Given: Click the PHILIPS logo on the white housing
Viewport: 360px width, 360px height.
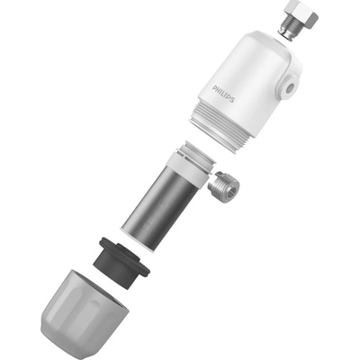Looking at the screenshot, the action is click(223, 94).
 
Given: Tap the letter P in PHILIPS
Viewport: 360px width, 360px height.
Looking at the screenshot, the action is click(214, 88).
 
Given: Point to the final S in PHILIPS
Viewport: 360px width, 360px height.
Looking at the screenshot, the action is click(231, 99).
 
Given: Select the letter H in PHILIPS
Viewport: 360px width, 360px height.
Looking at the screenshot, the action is click(218, 90).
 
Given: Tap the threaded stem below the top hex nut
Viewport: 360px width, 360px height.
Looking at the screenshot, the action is click(286, 30).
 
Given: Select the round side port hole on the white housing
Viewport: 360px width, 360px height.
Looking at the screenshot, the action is click(290, 88).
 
